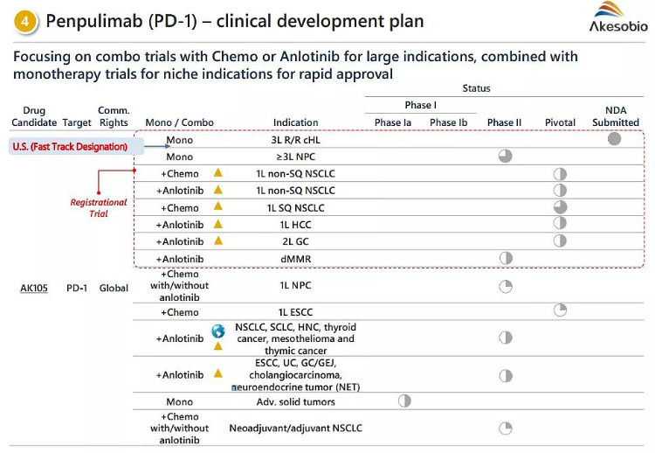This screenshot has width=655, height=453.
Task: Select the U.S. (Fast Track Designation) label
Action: point(70,146)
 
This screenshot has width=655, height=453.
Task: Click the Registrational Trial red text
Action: point(99,207)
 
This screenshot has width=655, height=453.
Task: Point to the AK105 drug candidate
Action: point(34,288)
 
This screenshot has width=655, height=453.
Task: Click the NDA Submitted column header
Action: point(615,116)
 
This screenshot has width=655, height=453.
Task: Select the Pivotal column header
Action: point(560,122)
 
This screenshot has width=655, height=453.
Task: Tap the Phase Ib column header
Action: point(449,122)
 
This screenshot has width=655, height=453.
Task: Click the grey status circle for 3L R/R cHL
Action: point(615,139)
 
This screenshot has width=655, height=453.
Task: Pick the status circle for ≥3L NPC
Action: point(505,157)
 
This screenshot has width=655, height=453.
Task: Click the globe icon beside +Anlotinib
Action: point(218,331)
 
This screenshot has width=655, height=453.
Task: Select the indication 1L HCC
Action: point(296,225)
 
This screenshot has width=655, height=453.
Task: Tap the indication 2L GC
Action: point(296,241)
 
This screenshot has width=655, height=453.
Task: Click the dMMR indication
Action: point(296,259)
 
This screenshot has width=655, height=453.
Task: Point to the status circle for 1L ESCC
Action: point(560,310)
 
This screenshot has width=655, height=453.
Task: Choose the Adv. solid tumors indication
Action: point(296,402)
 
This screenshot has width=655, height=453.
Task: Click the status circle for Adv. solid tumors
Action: point(404,401)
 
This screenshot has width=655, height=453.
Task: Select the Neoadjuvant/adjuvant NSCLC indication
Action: point(296,429)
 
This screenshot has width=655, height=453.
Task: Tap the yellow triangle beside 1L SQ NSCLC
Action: point(218,207)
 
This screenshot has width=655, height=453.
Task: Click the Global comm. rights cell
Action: point(114,288)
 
